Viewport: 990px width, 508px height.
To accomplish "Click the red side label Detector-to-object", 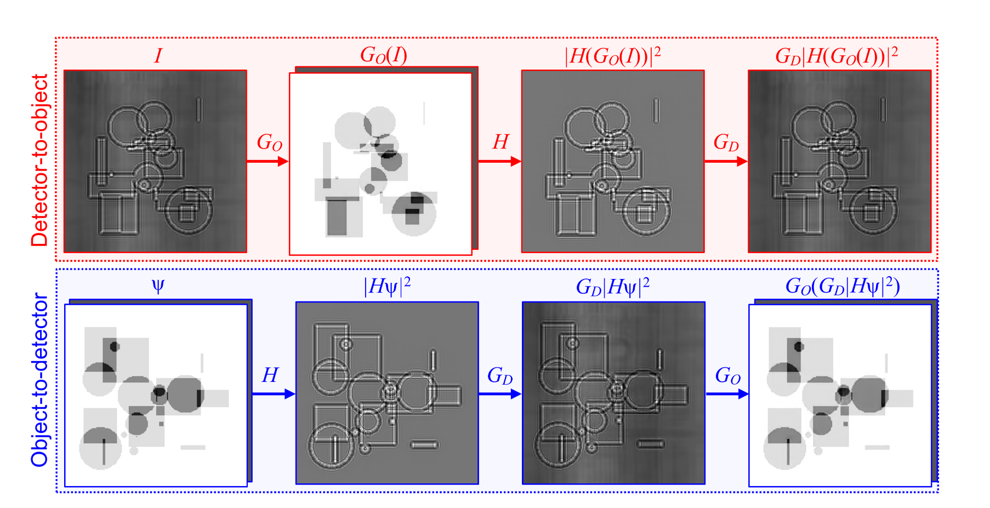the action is (39, 160).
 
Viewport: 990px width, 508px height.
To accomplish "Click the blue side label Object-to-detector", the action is (39, 379).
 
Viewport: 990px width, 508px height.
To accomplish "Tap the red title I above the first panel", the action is (158, 56).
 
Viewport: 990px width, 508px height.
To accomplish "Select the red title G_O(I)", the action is (383, 55).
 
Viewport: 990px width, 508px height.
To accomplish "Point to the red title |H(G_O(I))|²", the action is (612, 55).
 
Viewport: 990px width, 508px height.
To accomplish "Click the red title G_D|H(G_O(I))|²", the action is (837, 55).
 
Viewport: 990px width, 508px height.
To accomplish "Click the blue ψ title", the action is (158, 287).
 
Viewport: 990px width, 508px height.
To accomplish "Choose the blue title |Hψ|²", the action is (387, 287).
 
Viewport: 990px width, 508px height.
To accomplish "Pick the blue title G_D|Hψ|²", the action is (612, 287).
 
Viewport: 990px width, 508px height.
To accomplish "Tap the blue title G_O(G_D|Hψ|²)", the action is (843, 287).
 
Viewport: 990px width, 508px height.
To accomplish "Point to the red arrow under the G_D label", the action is (726, 161).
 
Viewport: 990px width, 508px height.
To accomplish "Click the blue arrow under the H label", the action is (274, 393).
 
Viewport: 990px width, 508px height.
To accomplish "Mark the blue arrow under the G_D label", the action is (499, 393).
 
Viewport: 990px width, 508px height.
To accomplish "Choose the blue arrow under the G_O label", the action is (727, 393).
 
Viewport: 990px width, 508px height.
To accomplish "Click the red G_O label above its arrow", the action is (269, 142).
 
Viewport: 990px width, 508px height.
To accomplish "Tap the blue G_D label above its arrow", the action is (500, 376).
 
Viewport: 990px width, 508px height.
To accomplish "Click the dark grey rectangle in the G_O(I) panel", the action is (337, 217).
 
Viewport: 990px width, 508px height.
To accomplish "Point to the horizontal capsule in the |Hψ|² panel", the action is (424, 444).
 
